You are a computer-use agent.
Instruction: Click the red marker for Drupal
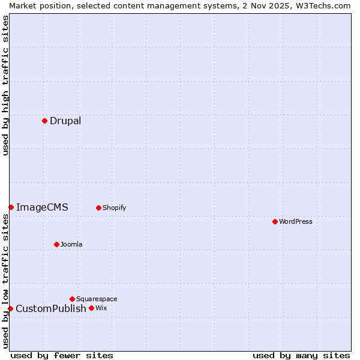coord(44,121)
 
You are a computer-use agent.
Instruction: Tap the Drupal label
coord(65,121)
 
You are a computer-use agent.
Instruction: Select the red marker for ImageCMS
coord(11,207)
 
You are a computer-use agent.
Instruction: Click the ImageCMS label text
coord(42,208)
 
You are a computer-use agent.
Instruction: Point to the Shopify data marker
coord(98,208)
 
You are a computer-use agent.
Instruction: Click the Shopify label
coord(114,208)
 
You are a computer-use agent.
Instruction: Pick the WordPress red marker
coord(275,221)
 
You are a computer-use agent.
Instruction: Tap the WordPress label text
coord(295,222)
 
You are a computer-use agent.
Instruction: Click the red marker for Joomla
coord(56,244)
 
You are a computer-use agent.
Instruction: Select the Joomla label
coord(71,245)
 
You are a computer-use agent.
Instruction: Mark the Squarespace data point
coord(72,299)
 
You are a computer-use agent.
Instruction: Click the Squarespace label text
coord(97,299)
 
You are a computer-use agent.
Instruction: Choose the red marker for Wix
coord(91,308)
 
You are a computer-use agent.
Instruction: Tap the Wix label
coord(101,308)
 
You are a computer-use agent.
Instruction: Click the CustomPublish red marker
coord(10,308)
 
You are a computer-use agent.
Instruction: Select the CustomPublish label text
coord(51,309)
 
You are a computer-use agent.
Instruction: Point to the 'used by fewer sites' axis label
coord(62,356)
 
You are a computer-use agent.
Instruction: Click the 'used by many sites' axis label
coord(301,356)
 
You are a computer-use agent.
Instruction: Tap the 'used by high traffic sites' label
coord(5,85)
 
